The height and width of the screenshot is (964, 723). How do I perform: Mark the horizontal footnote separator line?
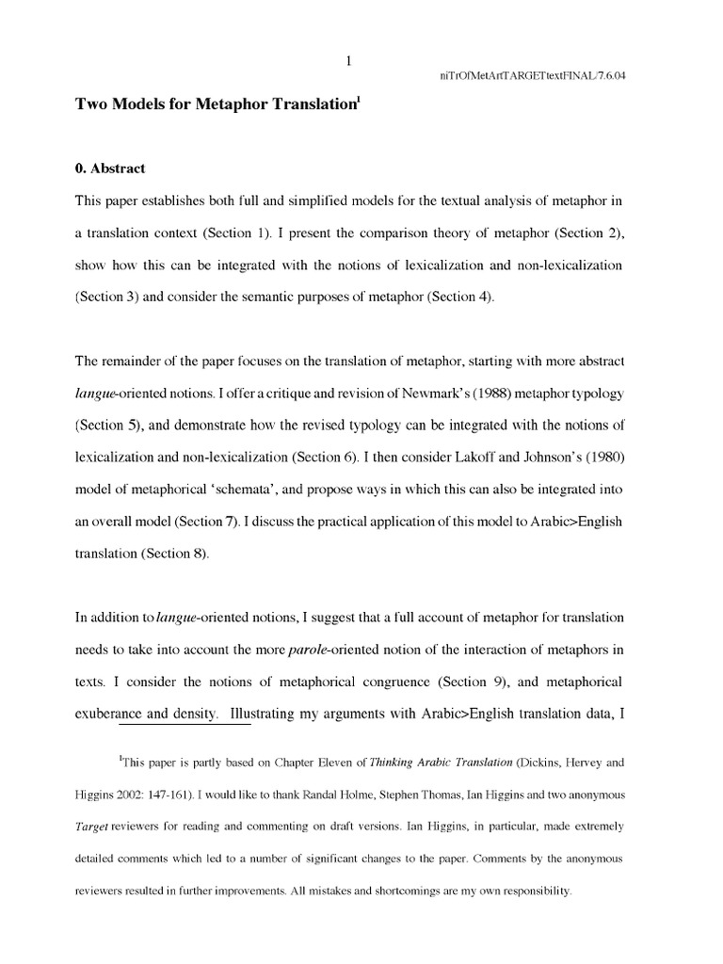(185, 726)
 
